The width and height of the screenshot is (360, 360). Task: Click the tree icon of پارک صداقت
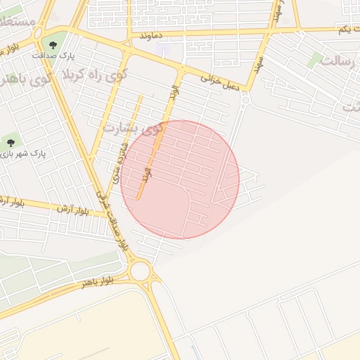pyautogui.click(x=53, y=46)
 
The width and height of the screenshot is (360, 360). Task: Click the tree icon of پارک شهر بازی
pyautogui.click(x=9, y=143)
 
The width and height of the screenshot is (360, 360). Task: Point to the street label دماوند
pyautogui.click(x=151, y=34)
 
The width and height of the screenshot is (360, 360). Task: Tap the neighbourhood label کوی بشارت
pyautogui.click(x=132, y=129)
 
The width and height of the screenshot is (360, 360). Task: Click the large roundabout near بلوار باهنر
pyautogui.click(x=140, y=271)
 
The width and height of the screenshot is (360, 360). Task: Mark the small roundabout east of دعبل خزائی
pyautogui.click(x=245, y=101)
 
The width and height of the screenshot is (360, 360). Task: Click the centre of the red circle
pyautogui.click(x=180, y=179)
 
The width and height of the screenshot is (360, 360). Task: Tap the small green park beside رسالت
pyautogui.click(x=315, y=60)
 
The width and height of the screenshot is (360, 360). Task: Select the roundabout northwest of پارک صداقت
pyautogui.click(x=39, y=34)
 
